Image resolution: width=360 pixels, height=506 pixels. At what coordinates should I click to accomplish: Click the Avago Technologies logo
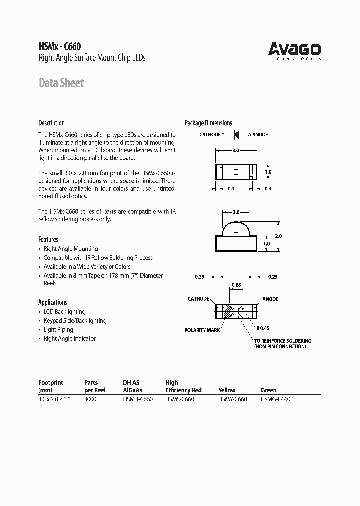(x=295, y=50)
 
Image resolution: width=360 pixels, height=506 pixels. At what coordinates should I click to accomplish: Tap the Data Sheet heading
(x=61, y=83)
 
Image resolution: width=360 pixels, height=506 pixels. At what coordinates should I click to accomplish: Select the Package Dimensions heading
(x=208, y=123)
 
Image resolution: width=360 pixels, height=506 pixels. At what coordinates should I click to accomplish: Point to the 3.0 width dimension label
(x=235, y=150)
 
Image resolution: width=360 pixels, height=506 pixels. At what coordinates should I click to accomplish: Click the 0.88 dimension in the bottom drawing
(x=236, y=285)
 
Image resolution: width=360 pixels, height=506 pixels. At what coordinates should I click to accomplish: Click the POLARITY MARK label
(x=202, y=330)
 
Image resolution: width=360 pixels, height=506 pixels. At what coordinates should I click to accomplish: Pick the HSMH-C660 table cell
(x=137, y=399)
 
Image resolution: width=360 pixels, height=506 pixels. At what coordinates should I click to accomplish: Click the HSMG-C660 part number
(x=275, y=399)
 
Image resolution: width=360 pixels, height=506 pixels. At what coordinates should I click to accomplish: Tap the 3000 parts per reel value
(x=91, y=399)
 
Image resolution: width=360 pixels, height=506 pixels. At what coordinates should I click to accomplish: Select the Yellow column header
(x=227, y=390)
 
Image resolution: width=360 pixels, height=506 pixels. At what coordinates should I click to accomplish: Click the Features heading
(x=48, y=239)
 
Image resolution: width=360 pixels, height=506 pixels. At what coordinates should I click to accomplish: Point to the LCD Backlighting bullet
(x=64, y=312)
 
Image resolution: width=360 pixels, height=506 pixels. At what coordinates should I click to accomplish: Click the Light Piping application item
(x=58, y=330)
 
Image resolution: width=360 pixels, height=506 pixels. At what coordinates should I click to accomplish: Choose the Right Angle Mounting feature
(x=71, y=249)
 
